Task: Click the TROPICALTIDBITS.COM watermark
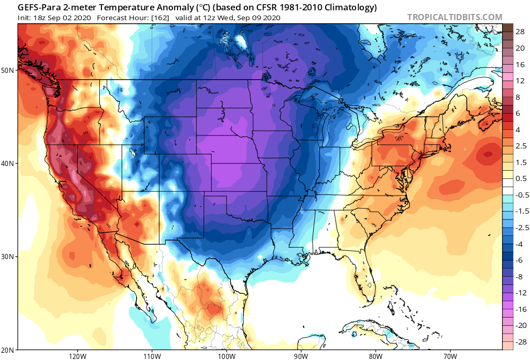click(454, 17)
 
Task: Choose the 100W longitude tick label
click(226, 355)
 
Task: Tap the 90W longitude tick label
click(301, 355)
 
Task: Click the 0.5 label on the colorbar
click(520, 178)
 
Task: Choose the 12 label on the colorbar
click(519, 81)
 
